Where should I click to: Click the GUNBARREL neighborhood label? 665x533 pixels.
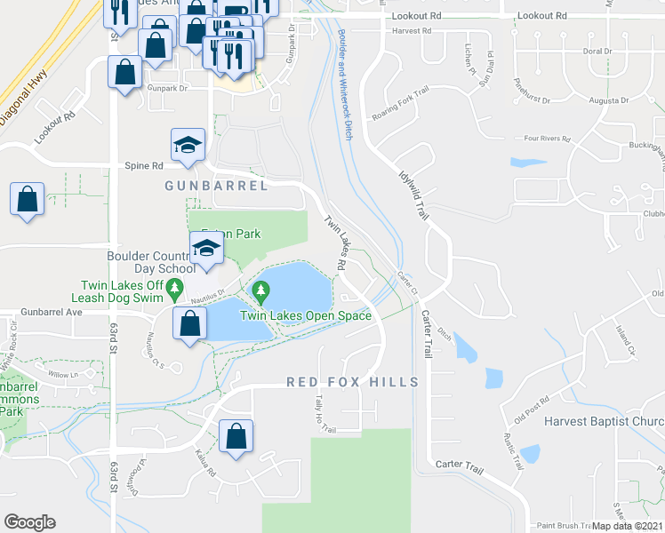point(216,186)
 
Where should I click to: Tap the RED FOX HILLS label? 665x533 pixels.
point(352,382)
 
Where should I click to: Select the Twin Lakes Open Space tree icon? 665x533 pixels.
point(260,290)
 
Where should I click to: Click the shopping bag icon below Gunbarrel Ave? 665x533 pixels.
point(189,324)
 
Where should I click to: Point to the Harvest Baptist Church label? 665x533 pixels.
point(604,421)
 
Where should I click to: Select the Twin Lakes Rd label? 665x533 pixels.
point(335,243)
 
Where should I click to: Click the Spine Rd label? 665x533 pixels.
point(144,166)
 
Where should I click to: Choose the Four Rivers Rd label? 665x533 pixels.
point(546,139)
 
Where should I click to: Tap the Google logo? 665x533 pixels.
point(29,522)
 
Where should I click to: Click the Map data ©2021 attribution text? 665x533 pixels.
point(628,526)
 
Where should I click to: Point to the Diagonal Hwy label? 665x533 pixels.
point(24,85)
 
